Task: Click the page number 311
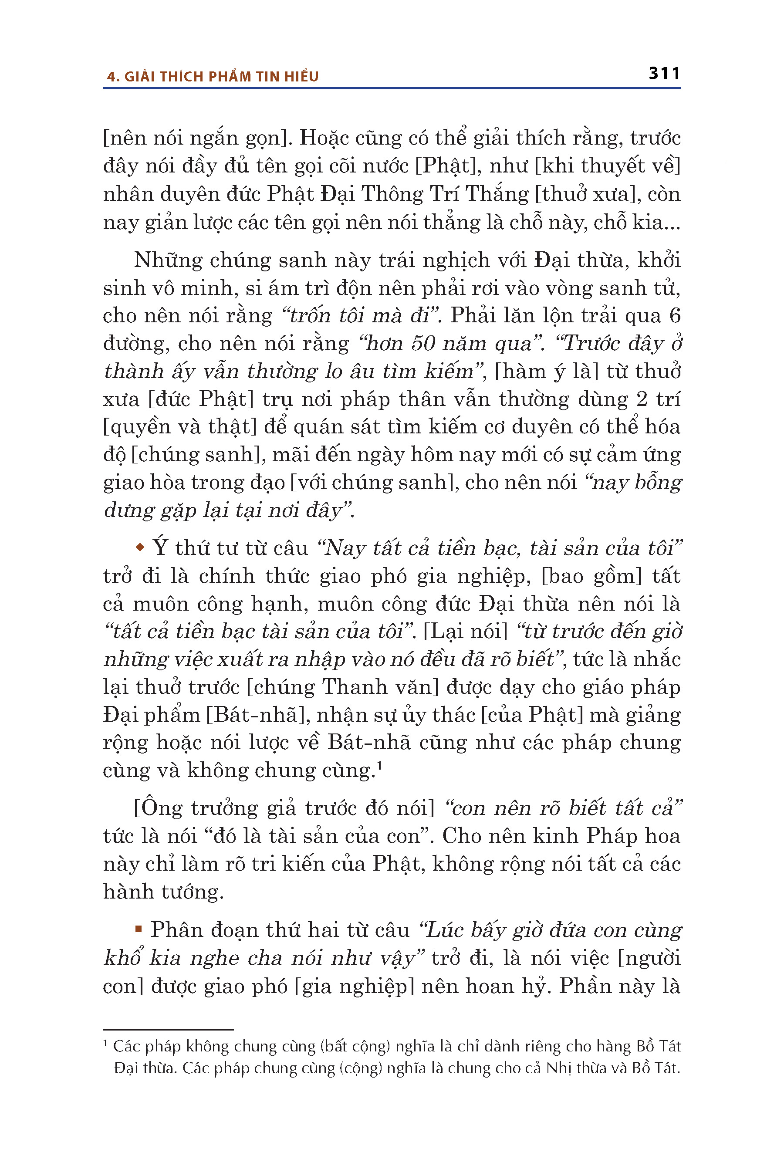pos(664,74)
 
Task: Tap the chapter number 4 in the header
pos(111,77)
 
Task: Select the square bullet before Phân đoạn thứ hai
pos(139,929)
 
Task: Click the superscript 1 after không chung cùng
pos(379,764)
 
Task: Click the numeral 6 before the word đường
pos(675,315)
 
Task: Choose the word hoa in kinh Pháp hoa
pos(663,836)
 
